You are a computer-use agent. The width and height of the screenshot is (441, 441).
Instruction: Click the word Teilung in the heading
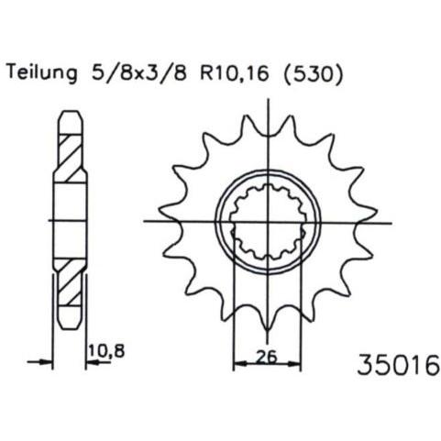(x=41, y=73)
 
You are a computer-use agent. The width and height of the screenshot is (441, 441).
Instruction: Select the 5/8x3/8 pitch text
(x=138, y=72)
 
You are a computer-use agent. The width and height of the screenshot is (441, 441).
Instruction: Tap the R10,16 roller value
(x=235, y=72)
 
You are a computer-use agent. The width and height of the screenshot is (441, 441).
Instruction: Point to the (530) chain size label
(x=314, y=73)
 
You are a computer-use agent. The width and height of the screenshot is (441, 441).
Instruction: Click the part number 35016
(x=398, y=364)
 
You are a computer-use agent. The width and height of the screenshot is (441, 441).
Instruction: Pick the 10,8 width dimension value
(x=107, y=350)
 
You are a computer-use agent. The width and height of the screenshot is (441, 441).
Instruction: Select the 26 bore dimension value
(x=267, y=356)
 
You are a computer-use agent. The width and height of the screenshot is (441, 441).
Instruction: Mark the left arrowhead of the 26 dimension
(x=240, y=364)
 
